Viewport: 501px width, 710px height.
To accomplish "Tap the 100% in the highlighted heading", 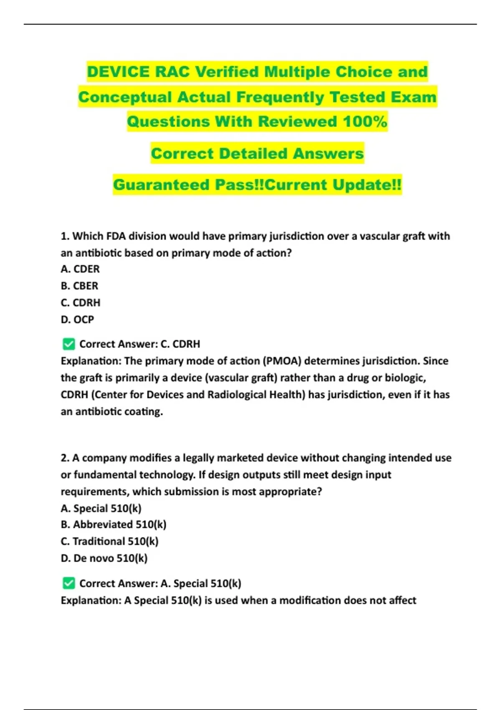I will coord(365,122).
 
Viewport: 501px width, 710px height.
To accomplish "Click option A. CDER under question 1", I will coord(80,269).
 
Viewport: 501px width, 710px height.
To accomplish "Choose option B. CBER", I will coord(79,286).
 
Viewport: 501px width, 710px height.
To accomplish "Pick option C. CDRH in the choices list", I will coord(81,302).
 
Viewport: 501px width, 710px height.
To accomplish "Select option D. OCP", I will coord(77,319).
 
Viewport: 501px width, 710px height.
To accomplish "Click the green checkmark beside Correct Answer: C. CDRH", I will coord(68,344).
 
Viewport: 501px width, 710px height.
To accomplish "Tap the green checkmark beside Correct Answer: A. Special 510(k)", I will coord(68,583).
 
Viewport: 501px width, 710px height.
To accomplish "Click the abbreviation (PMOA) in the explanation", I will coord(282,361).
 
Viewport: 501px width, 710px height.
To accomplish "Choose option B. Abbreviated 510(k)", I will coord(114,525).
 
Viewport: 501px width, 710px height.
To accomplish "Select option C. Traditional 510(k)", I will coord(109,541).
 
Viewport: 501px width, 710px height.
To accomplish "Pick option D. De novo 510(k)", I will coord(104,558).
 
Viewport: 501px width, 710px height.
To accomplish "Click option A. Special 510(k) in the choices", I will coord(101,508).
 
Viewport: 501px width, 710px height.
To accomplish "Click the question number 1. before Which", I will coord(65,236).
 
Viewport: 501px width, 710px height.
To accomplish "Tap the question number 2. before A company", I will coord(65,458).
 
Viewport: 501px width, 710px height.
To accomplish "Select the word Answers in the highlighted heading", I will coord(328,153).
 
